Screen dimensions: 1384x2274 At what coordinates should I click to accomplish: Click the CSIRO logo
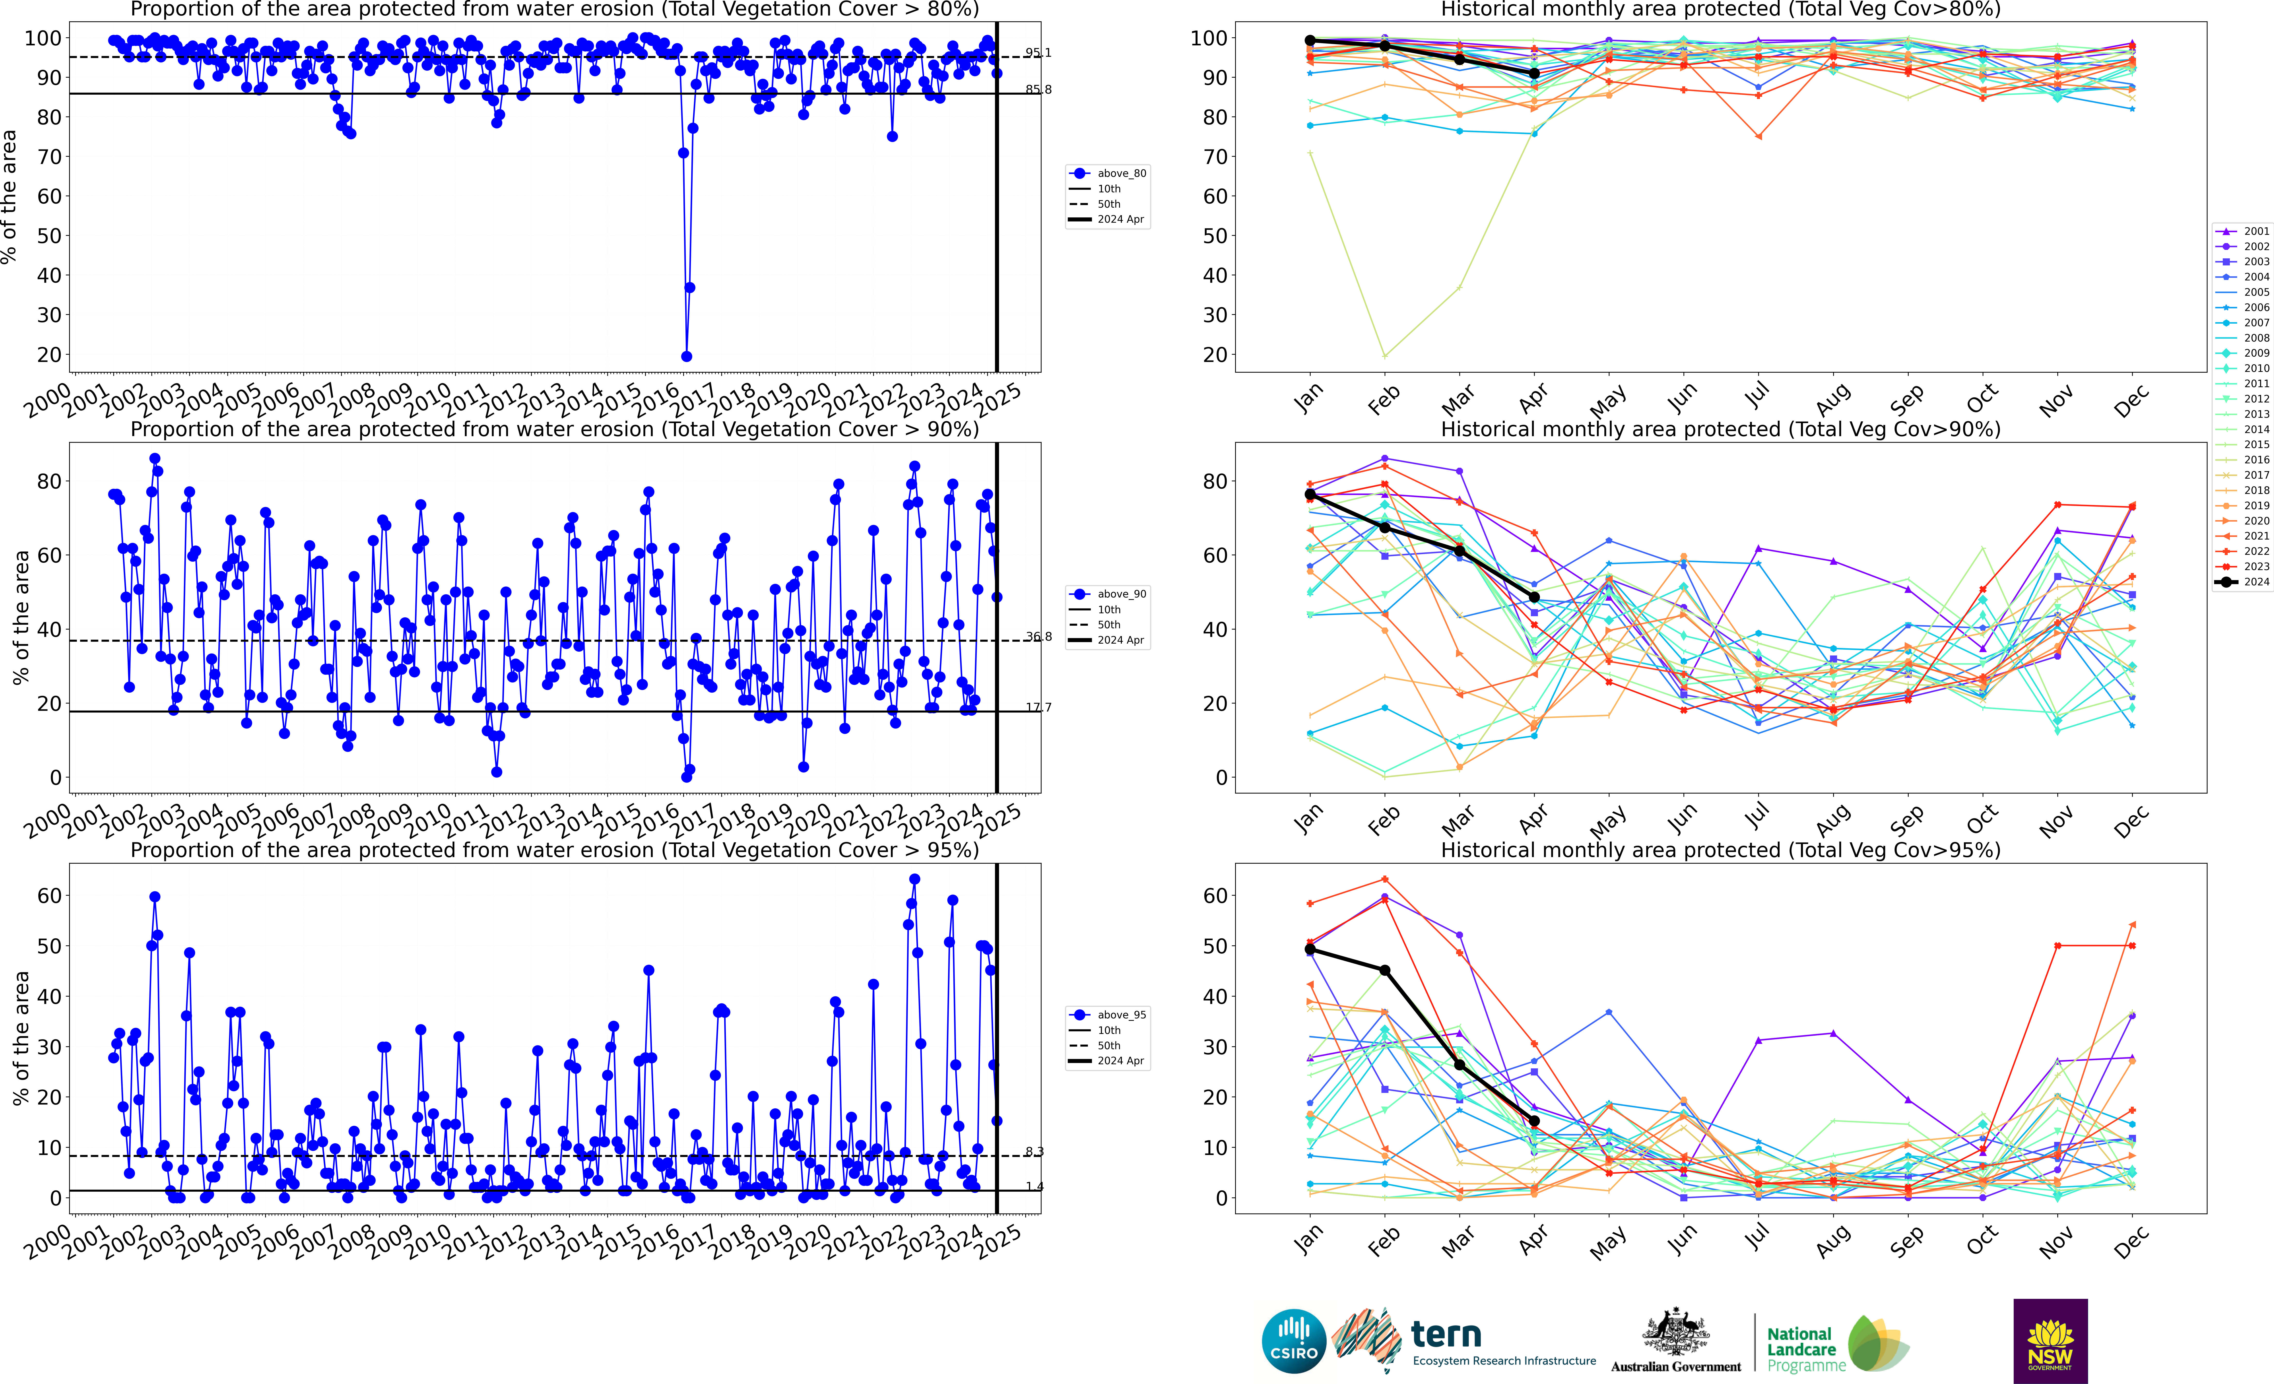coord(1293,1341)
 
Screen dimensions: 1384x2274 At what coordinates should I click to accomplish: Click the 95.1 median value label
coord(1037,53)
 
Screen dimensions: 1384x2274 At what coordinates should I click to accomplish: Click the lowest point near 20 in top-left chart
coord(686,356)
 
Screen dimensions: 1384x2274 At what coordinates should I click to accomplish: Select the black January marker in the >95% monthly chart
coord(1310,950)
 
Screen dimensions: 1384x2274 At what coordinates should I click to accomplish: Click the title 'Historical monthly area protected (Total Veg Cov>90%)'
coord(1720,429)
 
